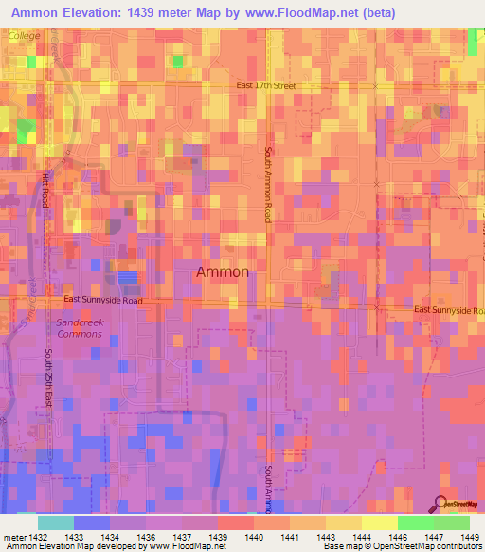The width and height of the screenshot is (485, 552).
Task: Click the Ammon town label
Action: click(x=223, y=272)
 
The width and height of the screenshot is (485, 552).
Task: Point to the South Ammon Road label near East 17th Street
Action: click(x=269, y=185)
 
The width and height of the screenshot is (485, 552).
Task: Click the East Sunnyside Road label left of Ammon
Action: click(x=103, y=300)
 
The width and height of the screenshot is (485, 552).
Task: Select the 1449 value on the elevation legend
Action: click(x=468, y=538)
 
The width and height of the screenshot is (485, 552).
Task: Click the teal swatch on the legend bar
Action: click(x=56, y=523)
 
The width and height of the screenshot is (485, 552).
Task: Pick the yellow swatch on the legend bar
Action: click(x=379, y=523)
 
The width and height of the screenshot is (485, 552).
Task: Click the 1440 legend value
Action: click(x=255, y=538)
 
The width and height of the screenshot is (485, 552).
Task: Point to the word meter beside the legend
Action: click(x=13, y=538)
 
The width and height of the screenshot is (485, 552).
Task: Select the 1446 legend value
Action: click(x=399, y=538)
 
